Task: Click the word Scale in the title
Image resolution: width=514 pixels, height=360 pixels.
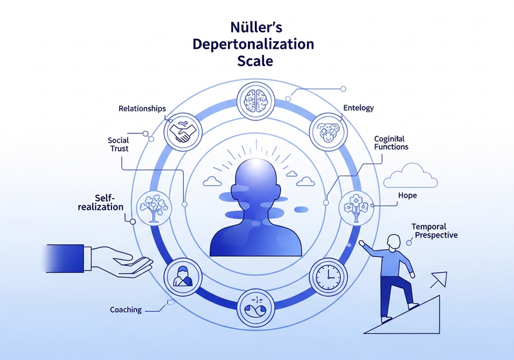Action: [x=254, y=62]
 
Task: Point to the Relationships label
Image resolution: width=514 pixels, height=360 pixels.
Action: [x=142, y=108]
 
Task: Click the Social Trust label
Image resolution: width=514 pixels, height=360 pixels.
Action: [x=118, y=144]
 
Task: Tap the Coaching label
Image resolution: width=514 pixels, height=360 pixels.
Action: [x=126, y=309]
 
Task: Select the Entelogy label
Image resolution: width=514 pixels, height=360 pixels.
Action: [x=359, y=108]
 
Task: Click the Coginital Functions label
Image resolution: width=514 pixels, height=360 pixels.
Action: [x=390, y=142]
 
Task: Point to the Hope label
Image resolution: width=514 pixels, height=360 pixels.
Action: [x=407, y=195]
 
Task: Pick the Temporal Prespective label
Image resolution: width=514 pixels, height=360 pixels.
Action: [x=434, y=231]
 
